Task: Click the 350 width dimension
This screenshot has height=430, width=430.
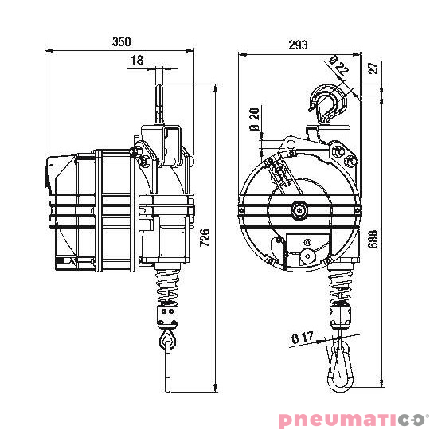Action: pos(120,41)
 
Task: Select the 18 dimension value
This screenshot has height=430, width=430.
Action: pos(137,60)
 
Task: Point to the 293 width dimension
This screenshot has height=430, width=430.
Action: pos(298,45)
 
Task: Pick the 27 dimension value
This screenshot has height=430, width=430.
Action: pos(375,69)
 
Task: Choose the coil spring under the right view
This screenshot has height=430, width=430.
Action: pos(342,286)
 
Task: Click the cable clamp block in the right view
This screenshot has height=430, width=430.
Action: pos(343,315)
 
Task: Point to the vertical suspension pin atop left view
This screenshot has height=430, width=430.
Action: pos(160,104)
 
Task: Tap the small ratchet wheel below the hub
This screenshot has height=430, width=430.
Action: pos(306,256)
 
